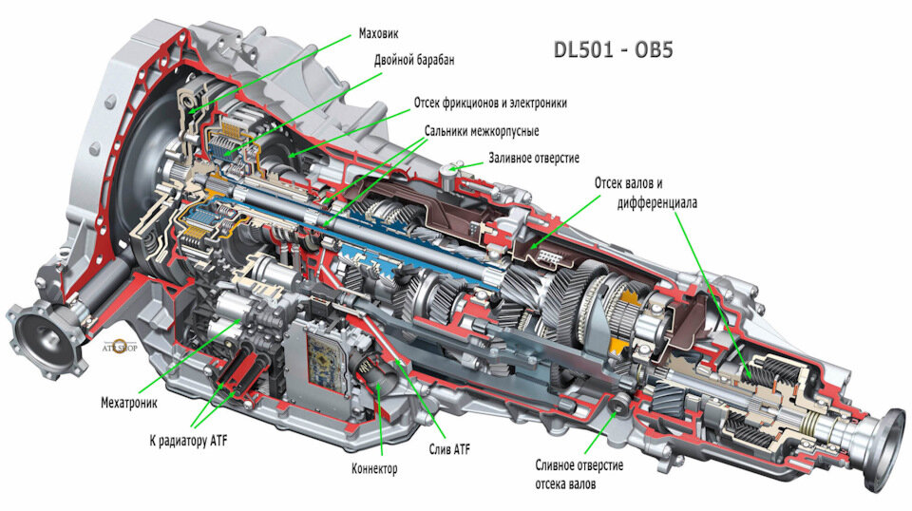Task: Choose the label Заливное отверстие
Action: [534, 158]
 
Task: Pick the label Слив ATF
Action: [448, 448]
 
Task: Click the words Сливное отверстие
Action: [578, 465]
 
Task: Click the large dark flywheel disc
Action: [142, 180]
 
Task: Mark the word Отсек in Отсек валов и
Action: [613, 181]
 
